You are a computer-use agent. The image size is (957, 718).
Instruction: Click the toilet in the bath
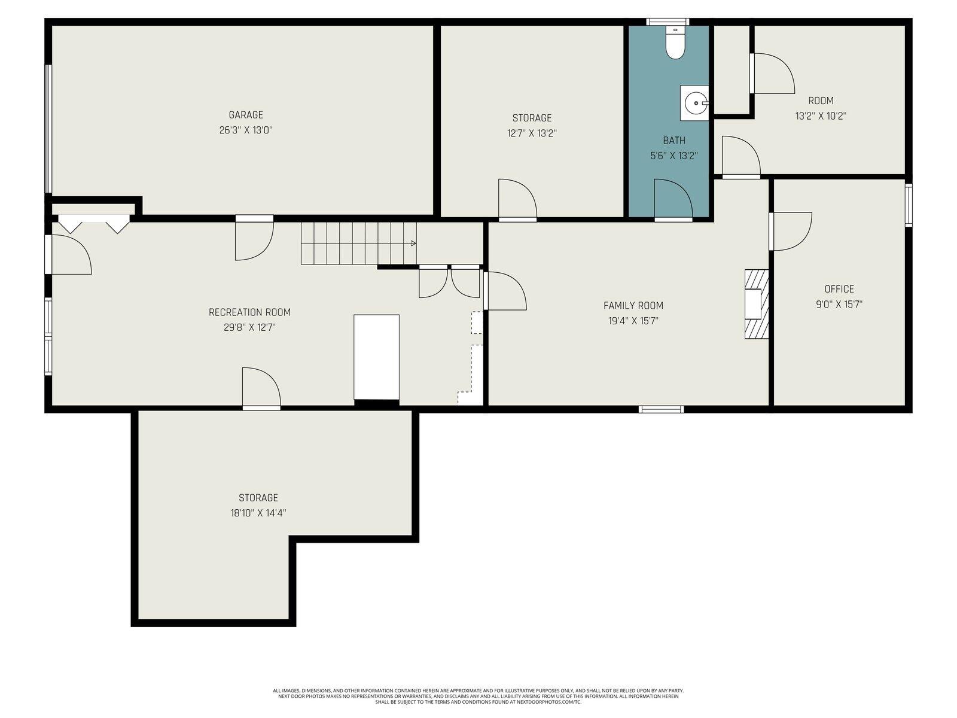[675, 45]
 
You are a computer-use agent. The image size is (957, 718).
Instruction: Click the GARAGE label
[246, 115]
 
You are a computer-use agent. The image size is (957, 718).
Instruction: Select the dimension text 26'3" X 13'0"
[246, 130]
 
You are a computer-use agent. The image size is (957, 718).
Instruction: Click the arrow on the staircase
[412, 244]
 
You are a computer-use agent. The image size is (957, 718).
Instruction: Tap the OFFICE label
[839, 289]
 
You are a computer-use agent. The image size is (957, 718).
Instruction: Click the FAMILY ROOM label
[633, 306]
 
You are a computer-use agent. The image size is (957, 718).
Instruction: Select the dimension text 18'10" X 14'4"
[258, 513]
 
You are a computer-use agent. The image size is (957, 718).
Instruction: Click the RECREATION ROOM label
[249, 312]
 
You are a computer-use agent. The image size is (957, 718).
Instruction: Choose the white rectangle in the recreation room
[376, 357]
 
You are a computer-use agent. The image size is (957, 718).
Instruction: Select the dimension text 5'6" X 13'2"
[674, 156]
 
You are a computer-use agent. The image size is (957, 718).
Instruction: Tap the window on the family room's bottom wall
[661, 409]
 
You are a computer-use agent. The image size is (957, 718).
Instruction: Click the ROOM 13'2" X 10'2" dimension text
[820, 116]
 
